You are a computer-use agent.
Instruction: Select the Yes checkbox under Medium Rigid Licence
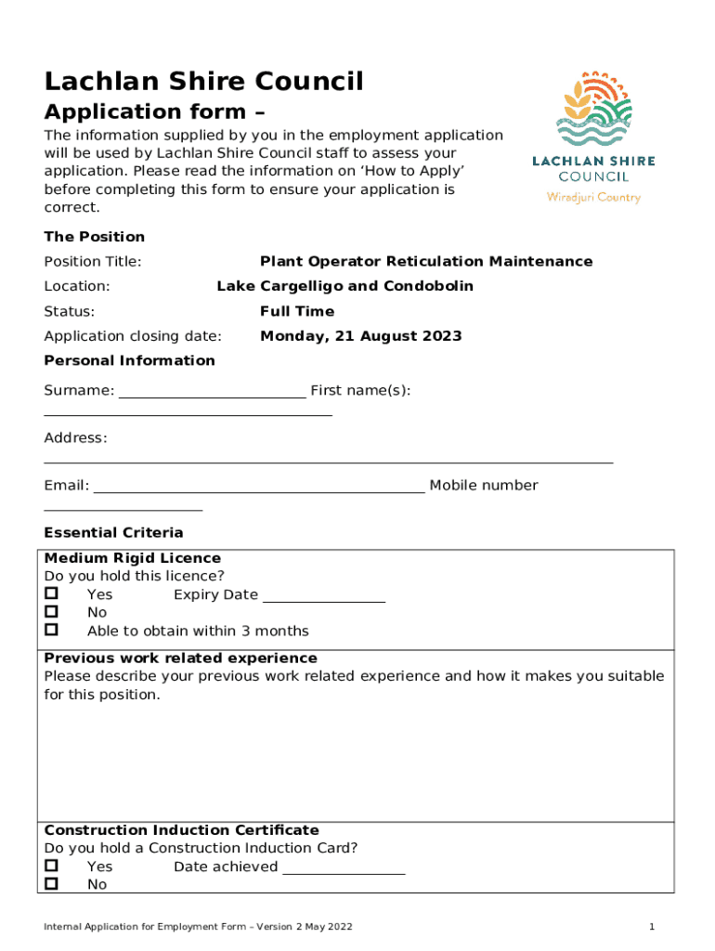pos(52,593)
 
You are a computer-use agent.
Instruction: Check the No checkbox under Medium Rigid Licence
pos(52,612)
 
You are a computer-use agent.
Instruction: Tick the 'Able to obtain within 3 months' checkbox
pos(52,630)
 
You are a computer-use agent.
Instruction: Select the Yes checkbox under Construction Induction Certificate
pos(52,866)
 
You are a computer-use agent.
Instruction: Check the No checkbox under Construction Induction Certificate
pos(52,883)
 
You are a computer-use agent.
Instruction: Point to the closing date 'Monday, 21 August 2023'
pos(360,336)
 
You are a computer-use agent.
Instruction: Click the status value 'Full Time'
pos(297,311)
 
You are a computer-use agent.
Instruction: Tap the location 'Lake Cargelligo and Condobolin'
pos(344,286)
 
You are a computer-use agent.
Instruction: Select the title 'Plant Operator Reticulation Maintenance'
pos(425,261)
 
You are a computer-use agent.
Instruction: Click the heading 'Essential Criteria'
pos(113,532)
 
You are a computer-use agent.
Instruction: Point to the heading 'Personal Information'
pos(129,360)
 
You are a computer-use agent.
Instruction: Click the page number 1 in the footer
pos(653,927)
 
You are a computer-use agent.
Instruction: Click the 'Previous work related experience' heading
pos(180,658)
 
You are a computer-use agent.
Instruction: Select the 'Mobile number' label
pos(483,486)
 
